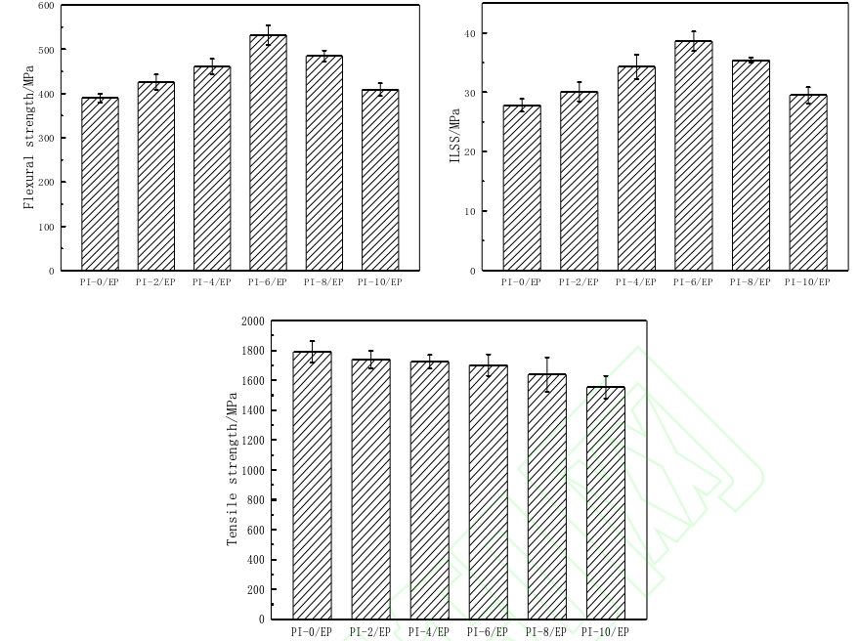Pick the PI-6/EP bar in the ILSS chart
click(693, 156)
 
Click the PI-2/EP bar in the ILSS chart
click(579, 182)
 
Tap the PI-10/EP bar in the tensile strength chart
click(605, 503)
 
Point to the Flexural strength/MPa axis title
click(28, 138)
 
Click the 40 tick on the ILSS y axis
click(470, 33)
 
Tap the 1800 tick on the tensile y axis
click(252, 351)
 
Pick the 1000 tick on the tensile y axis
click(252, 470)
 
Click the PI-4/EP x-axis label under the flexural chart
click(211, 282)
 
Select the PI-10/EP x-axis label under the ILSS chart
click(807, 282)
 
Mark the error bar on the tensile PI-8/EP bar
click(546, 374)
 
